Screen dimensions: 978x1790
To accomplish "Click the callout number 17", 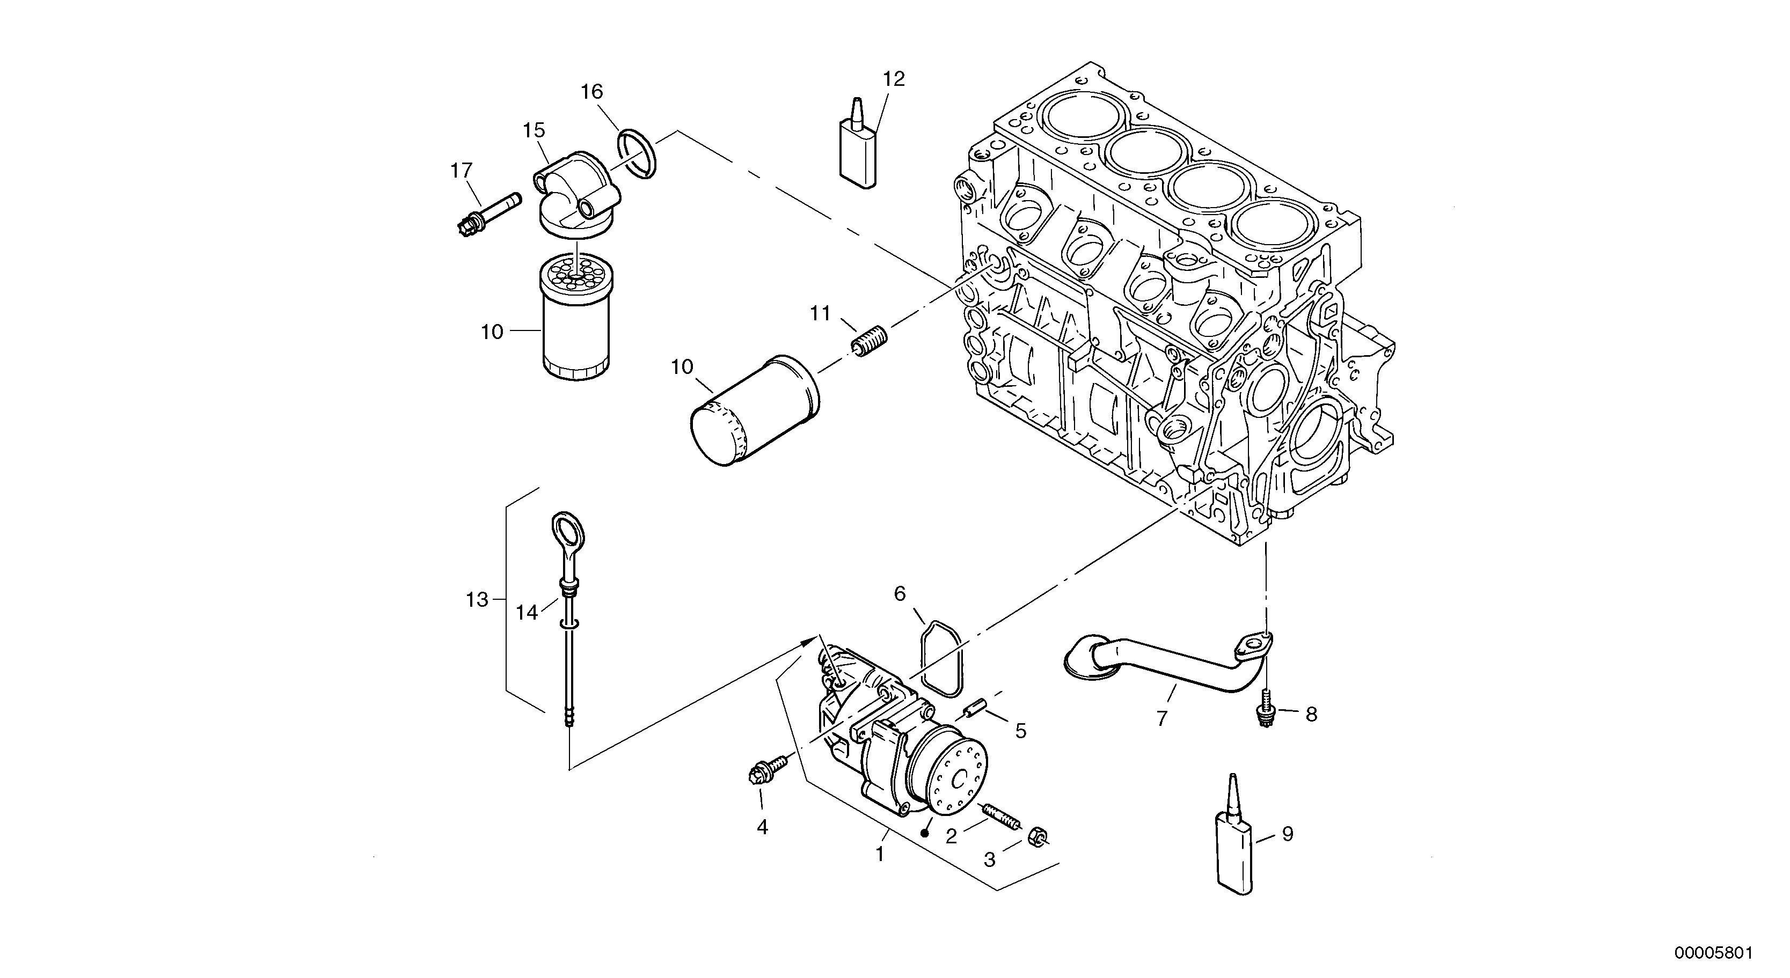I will tap(462, 171).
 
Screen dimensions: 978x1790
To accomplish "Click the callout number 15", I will tap(534, 130).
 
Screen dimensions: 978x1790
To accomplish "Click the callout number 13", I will tap(477, 599).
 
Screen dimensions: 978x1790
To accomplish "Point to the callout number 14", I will tap(527, 612).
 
